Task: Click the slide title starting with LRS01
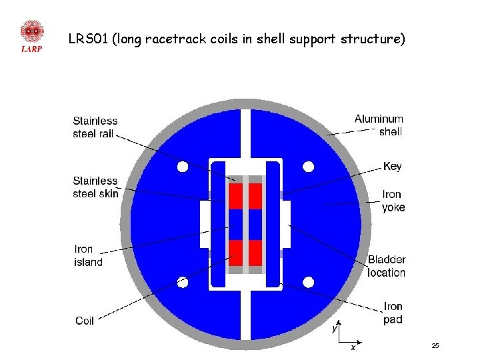tap(237, 39)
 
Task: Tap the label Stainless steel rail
tap(95, 127)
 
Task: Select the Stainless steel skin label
tap(95, 187)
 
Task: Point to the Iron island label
tap(88, 255)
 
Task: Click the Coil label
tap(85, 321)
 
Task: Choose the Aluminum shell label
tap(379, 125)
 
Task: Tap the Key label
tap(393, 166)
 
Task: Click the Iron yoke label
tap(393, 201)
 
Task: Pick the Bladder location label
tap(386, 266)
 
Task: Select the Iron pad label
tap(393, 313)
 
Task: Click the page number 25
tap(435, 346)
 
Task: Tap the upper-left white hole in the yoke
tap(183, 167)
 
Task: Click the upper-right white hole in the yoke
tap(308, 167)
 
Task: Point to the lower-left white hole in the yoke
tap(183, 282)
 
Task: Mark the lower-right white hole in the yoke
tap(308, 282)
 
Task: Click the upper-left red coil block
tap(235, 196)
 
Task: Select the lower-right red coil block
tap(255, 253)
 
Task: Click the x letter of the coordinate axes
tap(353, 347)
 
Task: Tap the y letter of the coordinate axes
tap(335, 329)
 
